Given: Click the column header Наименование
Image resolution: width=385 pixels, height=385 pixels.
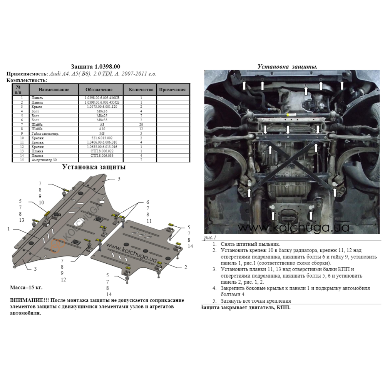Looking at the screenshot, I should [54, 89].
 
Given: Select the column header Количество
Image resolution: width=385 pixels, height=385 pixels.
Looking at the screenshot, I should [141, 89].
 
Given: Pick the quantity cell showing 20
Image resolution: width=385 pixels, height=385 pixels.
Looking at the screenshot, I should [141, 124].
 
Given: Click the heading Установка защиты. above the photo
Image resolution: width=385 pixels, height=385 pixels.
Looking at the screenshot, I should [287, 67].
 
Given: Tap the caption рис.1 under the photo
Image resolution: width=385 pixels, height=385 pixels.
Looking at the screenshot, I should [210, 238].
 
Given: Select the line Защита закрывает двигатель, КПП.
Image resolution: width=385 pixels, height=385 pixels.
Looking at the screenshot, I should [246, 308].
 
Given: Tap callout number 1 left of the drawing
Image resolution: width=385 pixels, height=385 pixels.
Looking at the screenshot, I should [8, 229].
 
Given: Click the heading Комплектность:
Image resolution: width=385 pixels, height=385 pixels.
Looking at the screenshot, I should [27, 80].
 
